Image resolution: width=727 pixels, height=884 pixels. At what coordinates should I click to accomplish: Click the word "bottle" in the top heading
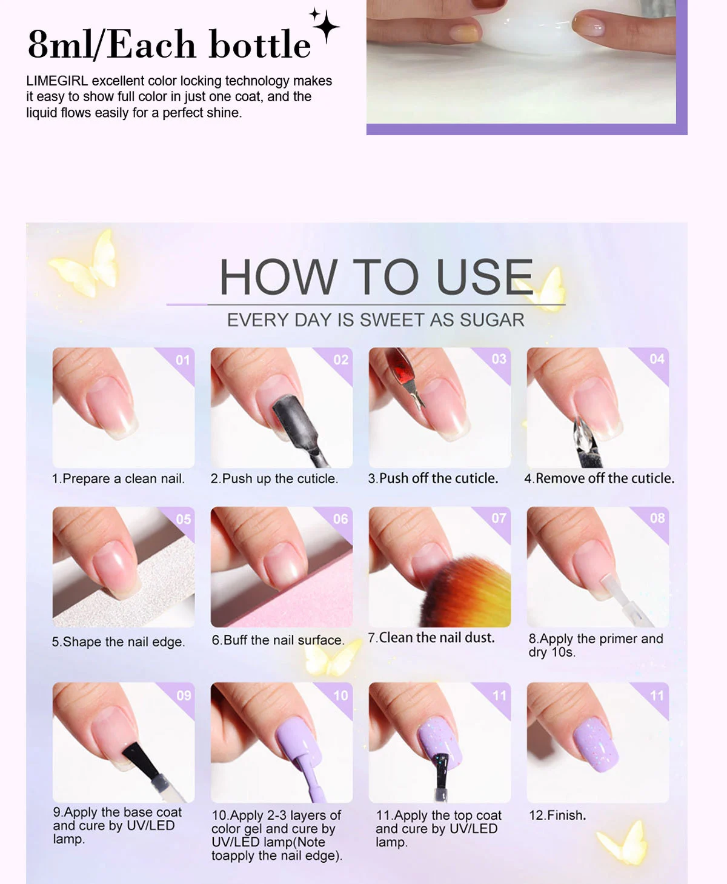[259, 45]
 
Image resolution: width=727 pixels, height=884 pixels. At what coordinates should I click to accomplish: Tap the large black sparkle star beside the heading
[326, 25]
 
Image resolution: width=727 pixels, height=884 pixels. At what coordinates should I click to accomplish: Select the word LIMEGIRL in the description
[57, 81]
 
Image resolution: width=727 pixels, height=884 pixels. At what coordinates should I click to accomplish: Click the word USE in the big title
[485, 277]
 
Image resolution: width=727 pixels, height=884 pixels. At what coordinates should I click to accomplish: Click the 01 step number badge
[182, 360]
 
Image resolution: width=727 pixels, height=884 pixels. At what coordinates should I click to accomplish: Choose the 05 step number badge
[183, 520]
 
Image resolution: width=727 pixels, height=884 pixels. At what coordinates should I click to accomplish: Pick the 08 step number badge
[657, 518]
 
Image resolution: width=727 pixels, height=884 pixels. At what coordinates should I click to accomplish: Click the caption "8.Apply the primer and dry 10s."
[595, 645]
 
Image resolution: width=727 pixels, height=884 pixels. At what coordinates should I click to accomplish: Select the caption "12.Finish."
[557, 815]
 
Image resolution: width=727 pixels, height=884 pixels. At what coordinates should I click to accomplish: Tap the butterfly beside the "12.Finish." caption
[624, 842]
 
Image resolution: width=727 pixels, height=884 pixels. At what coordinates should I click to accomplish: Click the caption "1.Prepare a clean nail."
[118, 479]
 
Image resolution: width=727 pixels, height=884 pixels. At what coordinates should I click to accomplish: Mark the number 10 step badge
[340, 695]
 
